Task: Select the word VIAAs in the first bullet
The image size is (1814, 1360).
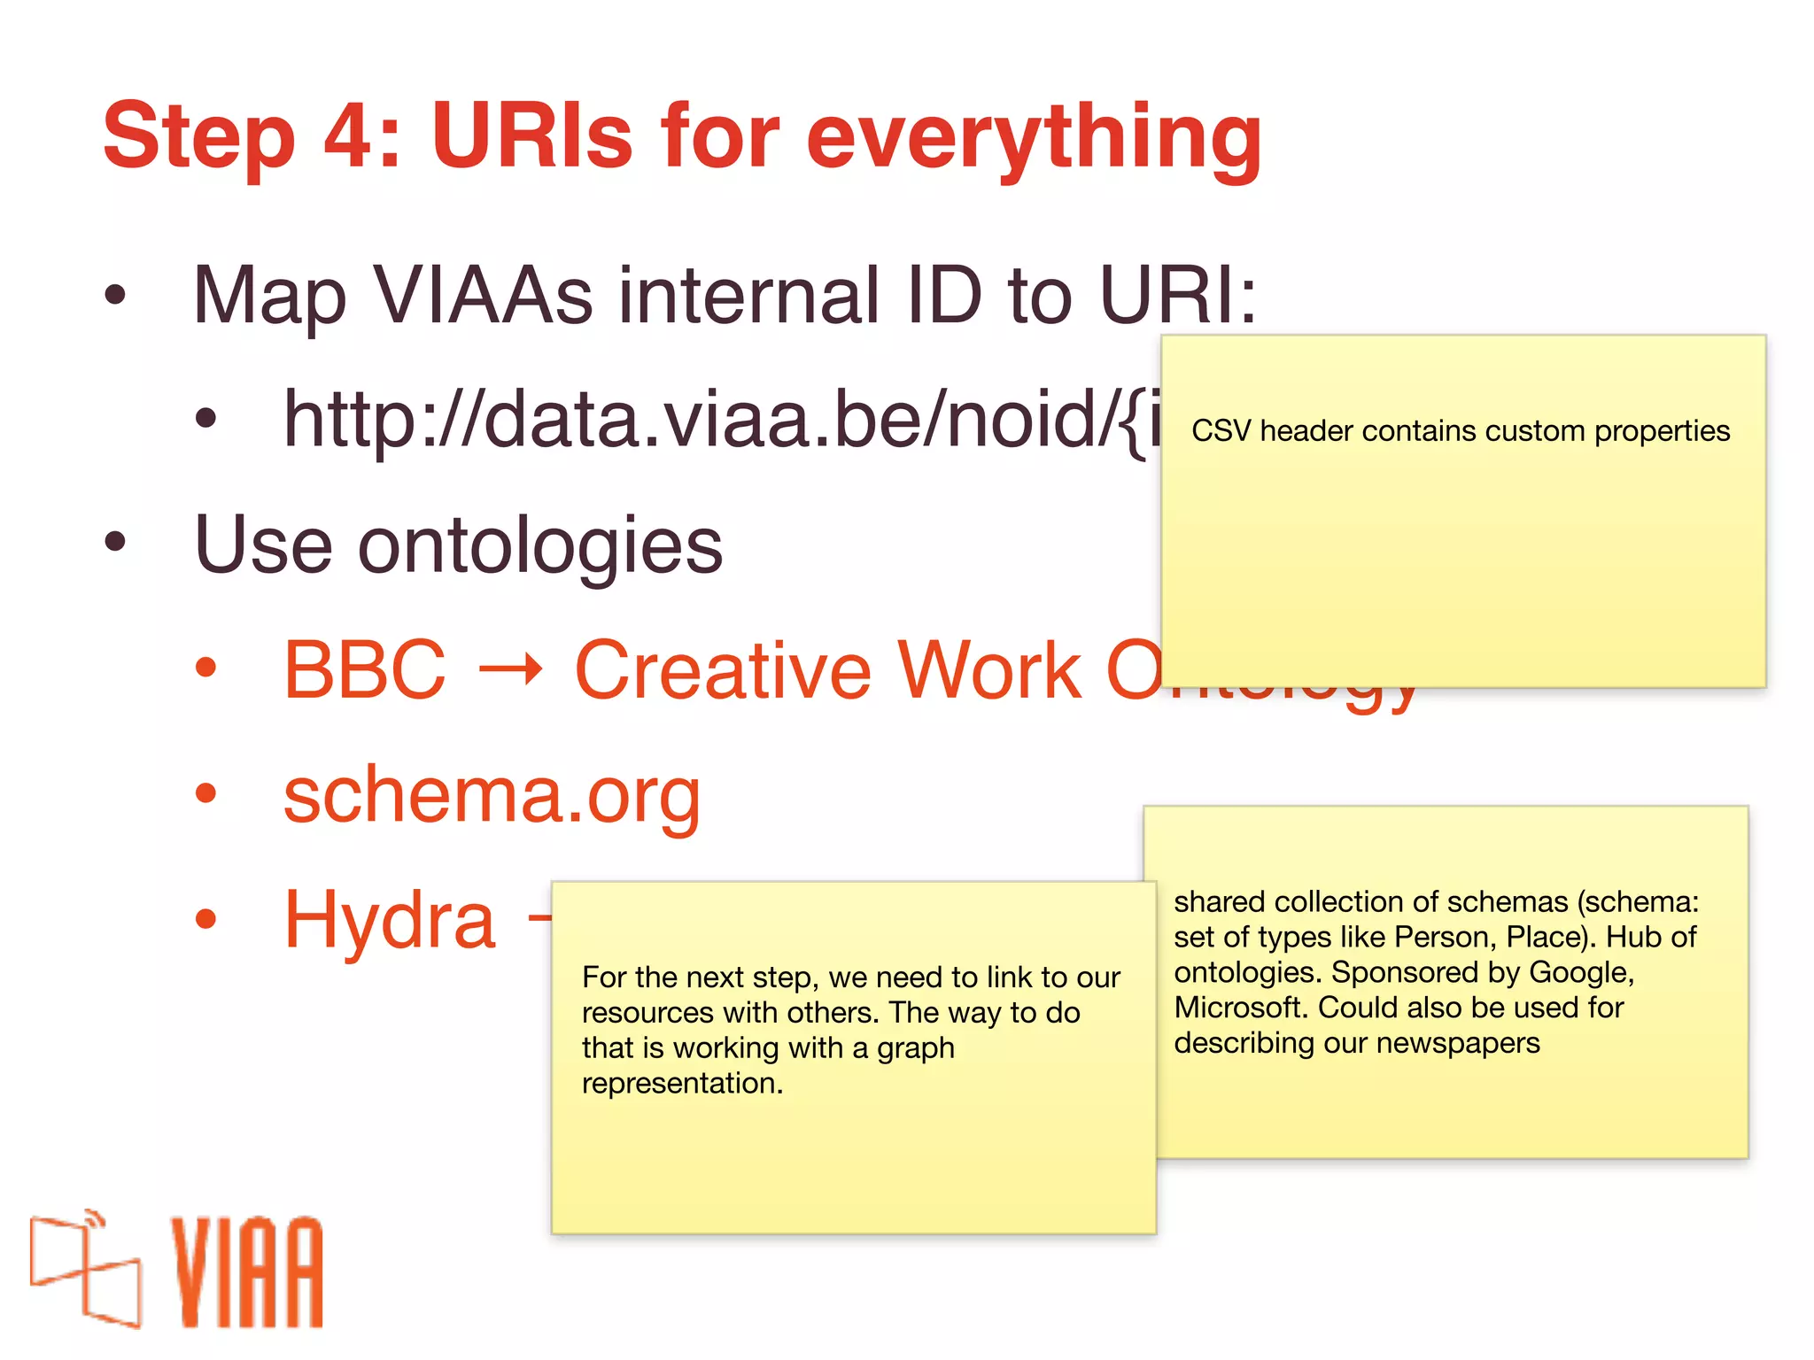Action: point(483,296)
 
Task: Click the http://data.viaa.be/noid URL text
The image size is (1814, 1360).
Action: point(709,421)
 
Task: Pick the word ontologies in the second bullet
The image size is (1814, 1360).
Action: point(540,547)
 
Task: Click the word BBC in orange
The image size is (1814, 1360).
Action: point(364,671)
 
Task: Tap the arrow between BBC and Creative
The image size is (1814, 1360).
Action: point(510,671)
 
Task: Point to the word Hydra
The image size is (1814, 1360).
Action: point(389,921)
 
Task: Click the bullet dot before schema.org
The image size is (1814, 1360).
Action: point(205,794)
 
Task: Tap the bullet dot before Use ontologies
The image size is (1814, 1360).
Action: point(115,542)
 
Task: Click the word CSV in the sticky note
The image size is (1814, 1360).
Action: point(1220,431)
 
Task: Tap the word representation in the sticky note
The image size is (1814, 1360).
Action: point(682,1084)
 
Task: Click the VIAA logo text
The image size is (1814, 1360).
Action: point(247,1271)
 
